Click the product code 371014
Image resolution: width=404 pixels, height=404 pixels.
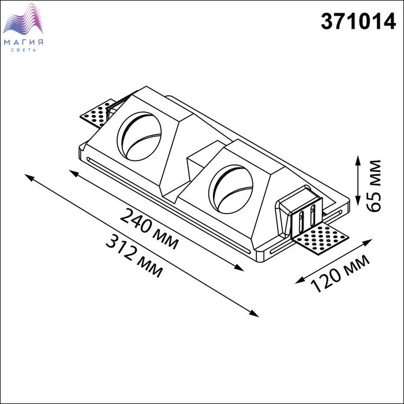pos(358,22)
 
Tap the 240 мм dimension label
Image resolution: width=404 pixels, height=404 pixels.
pos(149,229)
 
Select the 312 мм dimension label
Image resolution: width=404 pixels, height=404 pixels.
pos(134,257)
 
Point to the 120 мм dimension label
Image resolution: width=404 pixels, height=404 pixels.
pos(340,274)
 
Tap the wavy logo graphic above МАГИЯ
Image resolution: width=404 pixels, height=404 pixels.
pos(23,19)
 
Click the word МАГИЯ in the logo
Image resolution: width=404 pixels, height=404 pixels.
pos(24,42)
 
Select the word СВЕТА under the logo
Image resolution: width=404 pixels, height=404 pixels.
pos(24,50)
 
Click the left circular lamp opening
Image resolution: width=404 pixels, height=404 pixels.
pos(140,136)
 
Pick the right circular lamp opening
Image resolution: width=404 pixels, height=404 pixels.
pos(231,189)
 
